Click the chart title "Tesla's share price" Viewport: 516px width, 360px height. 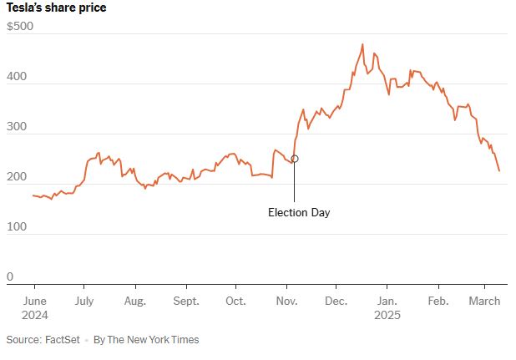(x=56, y=8)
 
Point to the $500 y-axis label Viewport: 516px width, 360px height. (x=20, y=27)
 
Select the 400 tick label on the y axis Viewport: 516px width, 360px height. (x=16, y=77)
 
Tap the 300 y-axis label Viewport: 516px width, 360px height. (x=16, y=127)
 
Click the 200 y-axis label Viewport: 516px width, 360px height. (x=16, y=177)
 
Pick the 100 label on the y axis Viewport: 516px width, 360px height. (x=16, y=227)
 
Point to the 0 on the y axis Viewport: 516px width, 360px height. (x=10, y=276)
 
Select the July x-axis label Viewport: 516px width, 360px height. (x=83, y=301)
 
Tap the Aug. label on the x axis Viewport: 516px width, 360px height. (x=134, y=301)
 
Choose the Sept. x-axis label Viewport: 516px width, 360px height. (x=186, y=301)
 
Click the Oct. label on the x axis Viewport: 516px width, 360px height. (x=235, y=301)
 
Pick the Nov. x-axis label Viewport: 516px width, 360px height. (x=286, y=301)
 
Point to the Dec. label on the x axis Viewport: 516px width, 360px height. (x=337, y=301)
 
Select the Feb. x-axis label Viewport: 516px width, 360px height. (x=438, y=301)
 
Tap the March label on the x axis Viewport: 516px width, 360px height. (x=483, y=301)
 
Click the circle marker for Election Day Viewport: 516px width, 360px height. (x=294, y=159)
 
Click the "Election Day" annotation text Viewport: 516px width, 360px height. (x=299, y=212)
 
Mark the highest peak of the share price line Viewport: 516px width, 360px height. (x=362, y=44)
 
